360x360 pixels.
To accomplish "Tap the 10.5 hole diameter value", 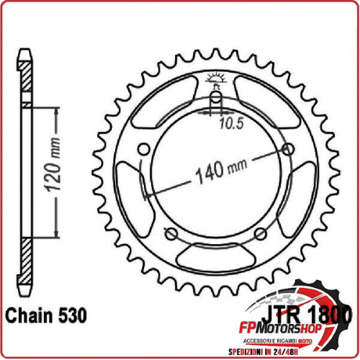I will click(x=231, y=122).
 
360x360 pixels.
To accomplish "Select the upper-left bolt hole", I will click(x=143, y=149).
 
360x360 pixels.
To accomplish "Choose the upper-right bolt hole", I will click(x=289, y=149).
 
